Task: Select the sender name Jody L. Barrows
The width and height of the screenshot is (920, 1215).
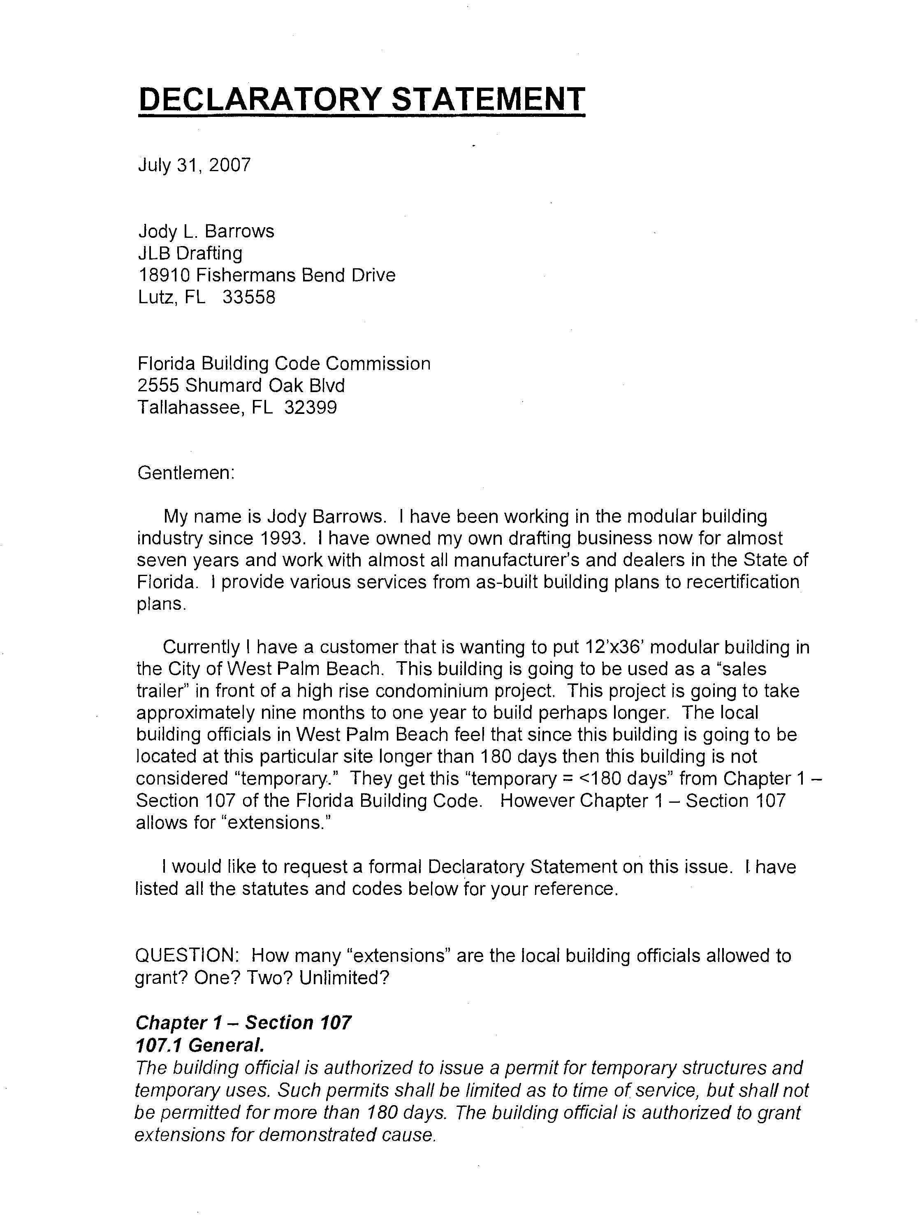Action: (x=206, y=231)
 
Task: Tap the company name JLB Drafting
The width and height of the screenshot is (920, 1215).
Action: (x=190, y=253)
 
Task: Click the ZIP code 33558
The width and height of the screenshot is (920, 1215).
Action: (x=249, y=297)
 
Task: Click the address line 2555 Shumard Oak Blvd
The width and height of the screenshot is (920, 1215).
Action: (x=241, y=386)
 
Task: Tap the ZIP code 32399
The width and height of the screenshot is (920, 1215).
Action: (x=310, y=408)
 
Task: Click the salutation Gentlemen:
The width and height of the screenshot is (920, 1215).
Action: (x=186, y=473)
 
